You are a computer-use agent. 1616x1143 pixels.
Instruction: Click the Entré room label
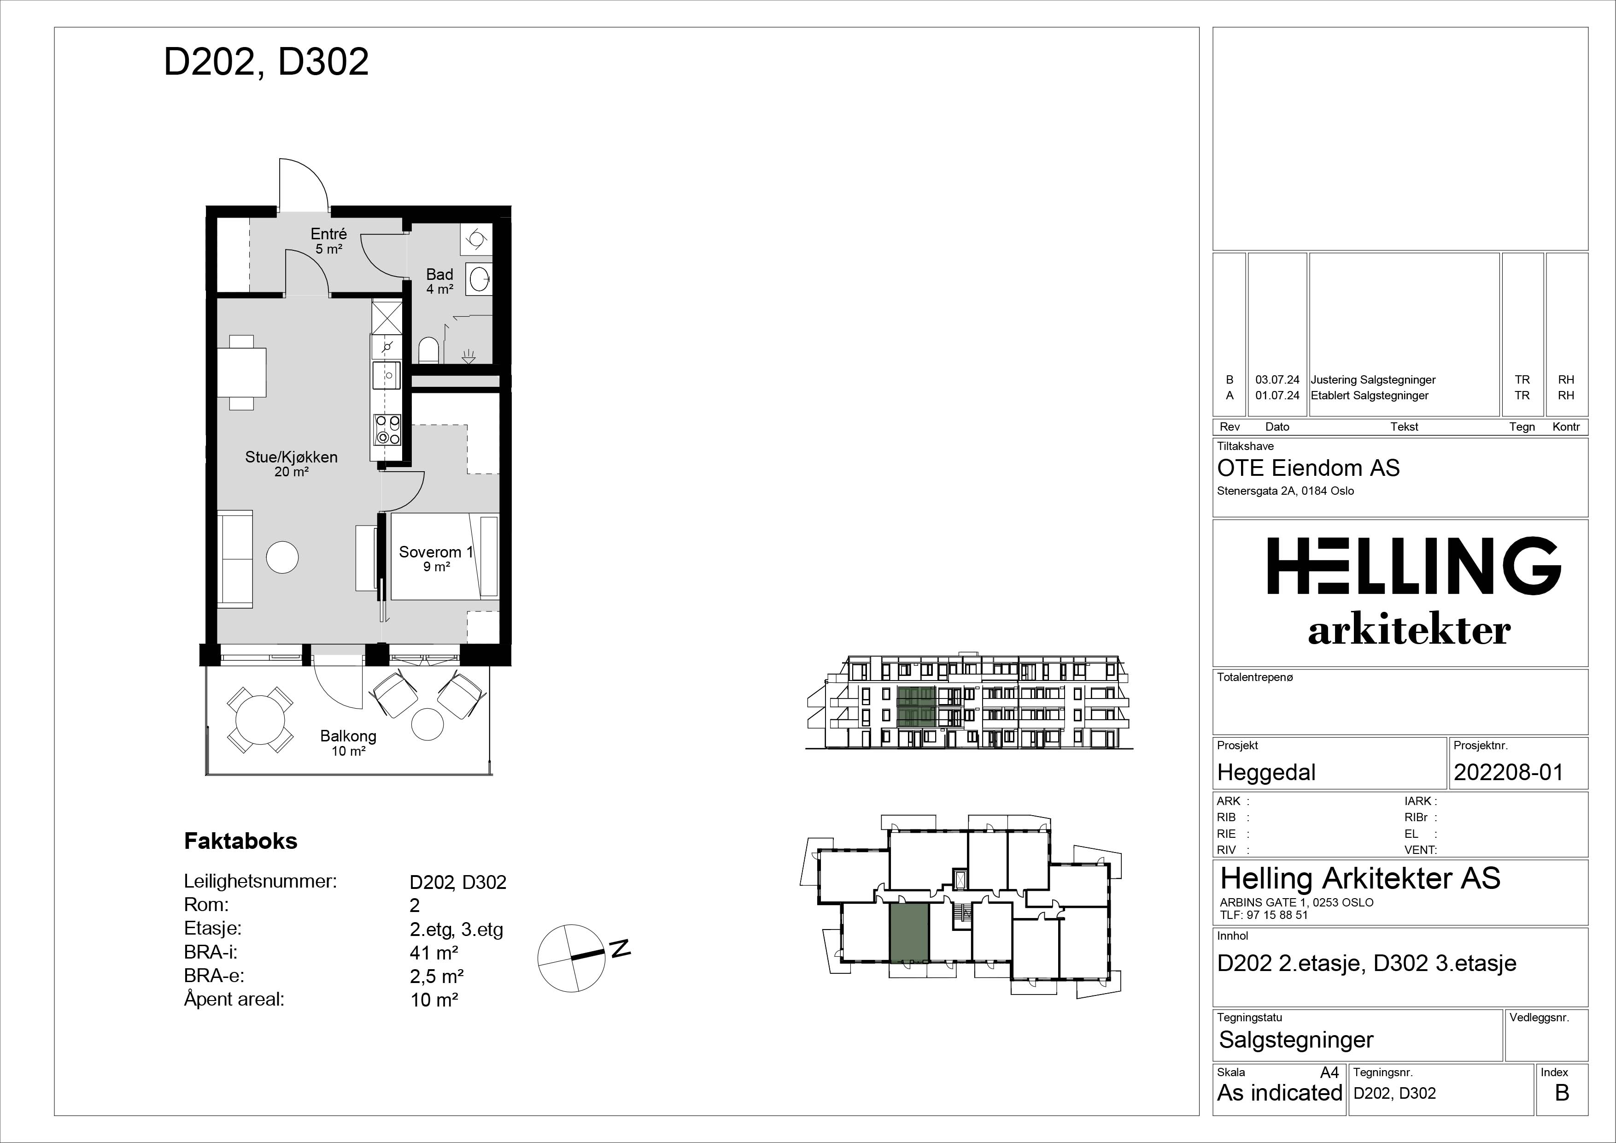tap(329, 240)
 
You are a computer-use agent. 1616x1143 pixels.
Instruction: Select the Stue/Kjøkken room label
tap(292, 463)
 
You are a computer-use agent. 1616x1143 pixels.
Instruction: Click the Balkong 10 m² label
tap(348, 743)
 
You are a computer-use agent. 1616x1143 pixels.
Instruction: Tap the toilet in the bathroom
tap(428, 350)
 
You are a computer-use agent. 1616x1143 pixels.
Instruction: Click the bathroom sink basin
tap(481, 279)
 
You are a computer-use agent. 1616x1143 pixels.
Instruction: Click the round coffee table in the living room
tap(282, 557)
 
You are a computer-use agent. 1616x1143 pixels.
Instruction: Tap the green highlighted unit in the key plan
tap(909, 933)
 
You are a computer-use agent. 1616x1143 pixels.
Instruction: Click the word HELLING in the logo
tap(1414, 566)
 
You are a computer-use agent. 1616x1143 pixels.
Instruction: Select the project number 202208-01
tap(1508, 773)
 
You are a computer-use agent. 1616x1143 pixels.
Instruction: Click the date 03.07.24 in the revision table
tap(1277, 379)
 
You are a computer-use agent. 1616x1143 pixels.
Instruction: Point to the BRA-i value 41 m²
tap(434, 953)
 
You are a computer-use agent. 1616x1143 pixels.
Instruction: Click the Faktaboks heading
tap(241, 841)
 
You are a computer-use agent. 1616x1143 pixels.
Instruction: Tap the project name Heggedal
tap(1266, 773)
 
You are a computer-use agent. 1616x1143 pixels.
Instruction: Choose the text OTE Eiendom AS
tap(1308, 468)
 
